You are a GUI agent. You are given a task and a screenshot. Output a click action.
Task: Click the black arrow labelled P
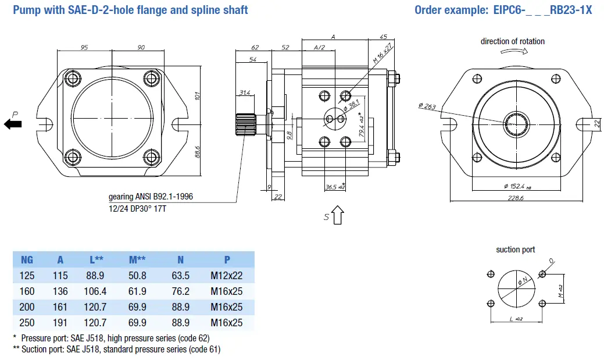13,123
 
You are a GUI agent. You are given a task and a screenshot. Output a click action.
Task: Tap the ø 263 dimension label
427,106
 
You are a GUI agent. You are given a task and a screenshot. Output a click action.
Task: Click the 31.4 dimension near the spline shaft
244,93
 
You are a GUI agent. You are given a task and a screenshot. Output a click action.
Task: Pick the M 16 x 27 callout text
382,54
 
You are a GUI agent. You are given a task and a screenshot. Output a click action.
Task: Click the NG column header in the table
27,259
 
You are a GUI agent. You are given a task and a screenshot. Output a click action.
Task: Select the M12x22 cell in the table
227,276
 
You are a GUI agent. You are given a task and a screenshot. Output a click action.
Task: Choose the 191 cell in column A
60,323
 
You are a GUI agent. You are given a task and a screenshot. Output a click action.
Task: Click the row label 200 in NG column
27,307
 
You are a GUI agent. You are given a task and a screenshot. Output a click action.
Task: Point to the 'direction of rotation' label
512,41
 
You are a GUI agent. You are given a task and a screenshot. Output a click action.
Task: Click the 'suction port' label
515,249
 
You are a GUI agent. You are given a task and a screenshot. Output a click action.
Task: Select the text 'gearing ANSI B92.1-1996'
151,197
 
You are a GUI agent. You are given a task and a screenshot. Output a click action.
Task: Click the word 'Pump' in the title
25,10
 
